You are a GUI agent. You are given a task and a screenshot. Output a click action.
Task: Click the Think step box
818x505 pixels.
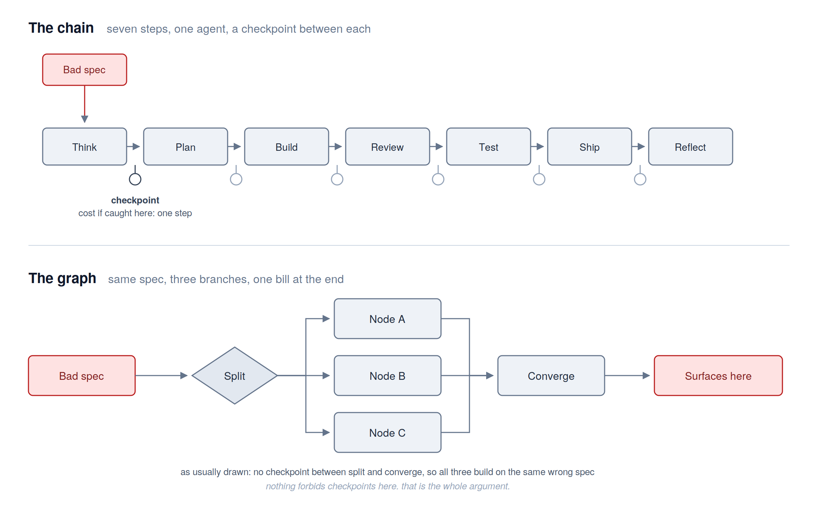(85, 147)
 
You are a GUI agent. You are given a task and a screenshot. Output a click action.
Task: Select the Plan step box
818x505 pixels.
(186, 147)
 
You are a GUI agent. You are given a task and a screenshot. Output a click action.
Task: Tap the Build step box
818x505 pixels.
(287, 147)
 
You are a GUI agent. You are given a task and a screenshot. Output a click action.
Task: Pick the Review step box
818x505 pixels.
(388, 147)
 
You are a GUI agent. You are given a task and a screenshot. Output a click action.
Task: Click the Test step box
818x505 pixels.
(489, 147)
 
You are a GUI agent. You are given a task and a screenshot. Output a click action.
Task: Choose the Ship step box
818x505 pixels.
(590, 147)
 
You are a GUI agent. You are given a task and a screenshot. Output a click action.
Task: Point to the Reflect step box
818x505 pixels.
(691, 147)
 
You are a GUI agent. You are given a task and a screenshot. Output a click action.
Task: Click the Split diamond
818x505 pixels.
(235, 376)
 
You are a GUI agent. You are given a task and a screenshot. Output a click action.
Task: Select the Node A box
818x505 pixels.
(388, 319)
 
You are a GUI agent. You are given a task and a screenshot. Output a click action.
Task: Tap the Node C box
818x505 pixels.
(388, 432)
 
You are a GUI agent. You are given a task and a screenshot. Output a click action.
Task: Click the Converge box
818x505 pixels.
(551, 376)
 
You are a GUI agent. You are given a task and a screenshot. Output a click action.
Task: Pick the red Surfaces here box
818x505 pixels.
(718, 376)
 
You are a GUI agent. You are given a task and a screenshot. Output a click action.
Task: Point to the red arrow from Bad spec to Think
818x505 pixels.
(85, 104)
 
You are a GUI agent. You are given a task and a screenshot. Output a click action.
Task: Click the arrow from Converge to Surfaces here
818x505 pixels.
(627, 376)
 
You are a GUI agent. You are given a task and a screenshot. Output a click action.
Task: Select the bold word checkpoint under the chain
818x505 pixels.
(135, 200)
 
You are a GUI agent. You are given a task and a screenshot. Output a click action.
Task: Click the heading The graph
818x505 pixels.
(62, 278)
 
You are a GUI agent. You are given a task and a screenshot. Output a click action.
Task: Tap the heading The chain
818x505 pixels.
(61, 28)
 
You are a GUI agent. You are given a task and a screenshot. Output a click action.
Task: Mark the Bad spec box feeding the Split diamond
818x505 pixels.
(82, 376)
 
